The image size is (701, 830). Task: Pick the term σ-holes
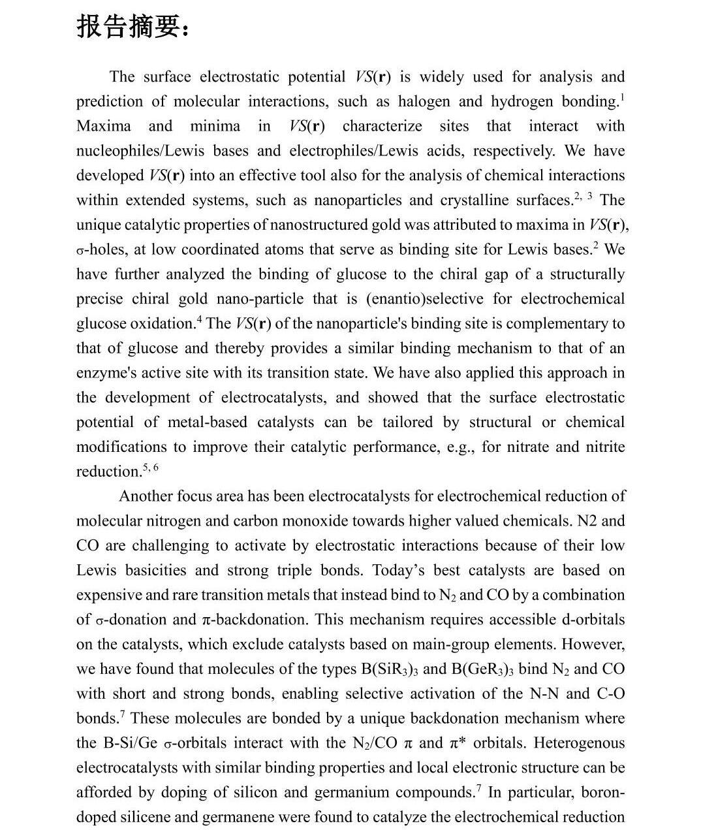[x=101, y=250]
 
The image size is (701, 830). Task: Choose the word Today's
[x=398, y=571]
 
